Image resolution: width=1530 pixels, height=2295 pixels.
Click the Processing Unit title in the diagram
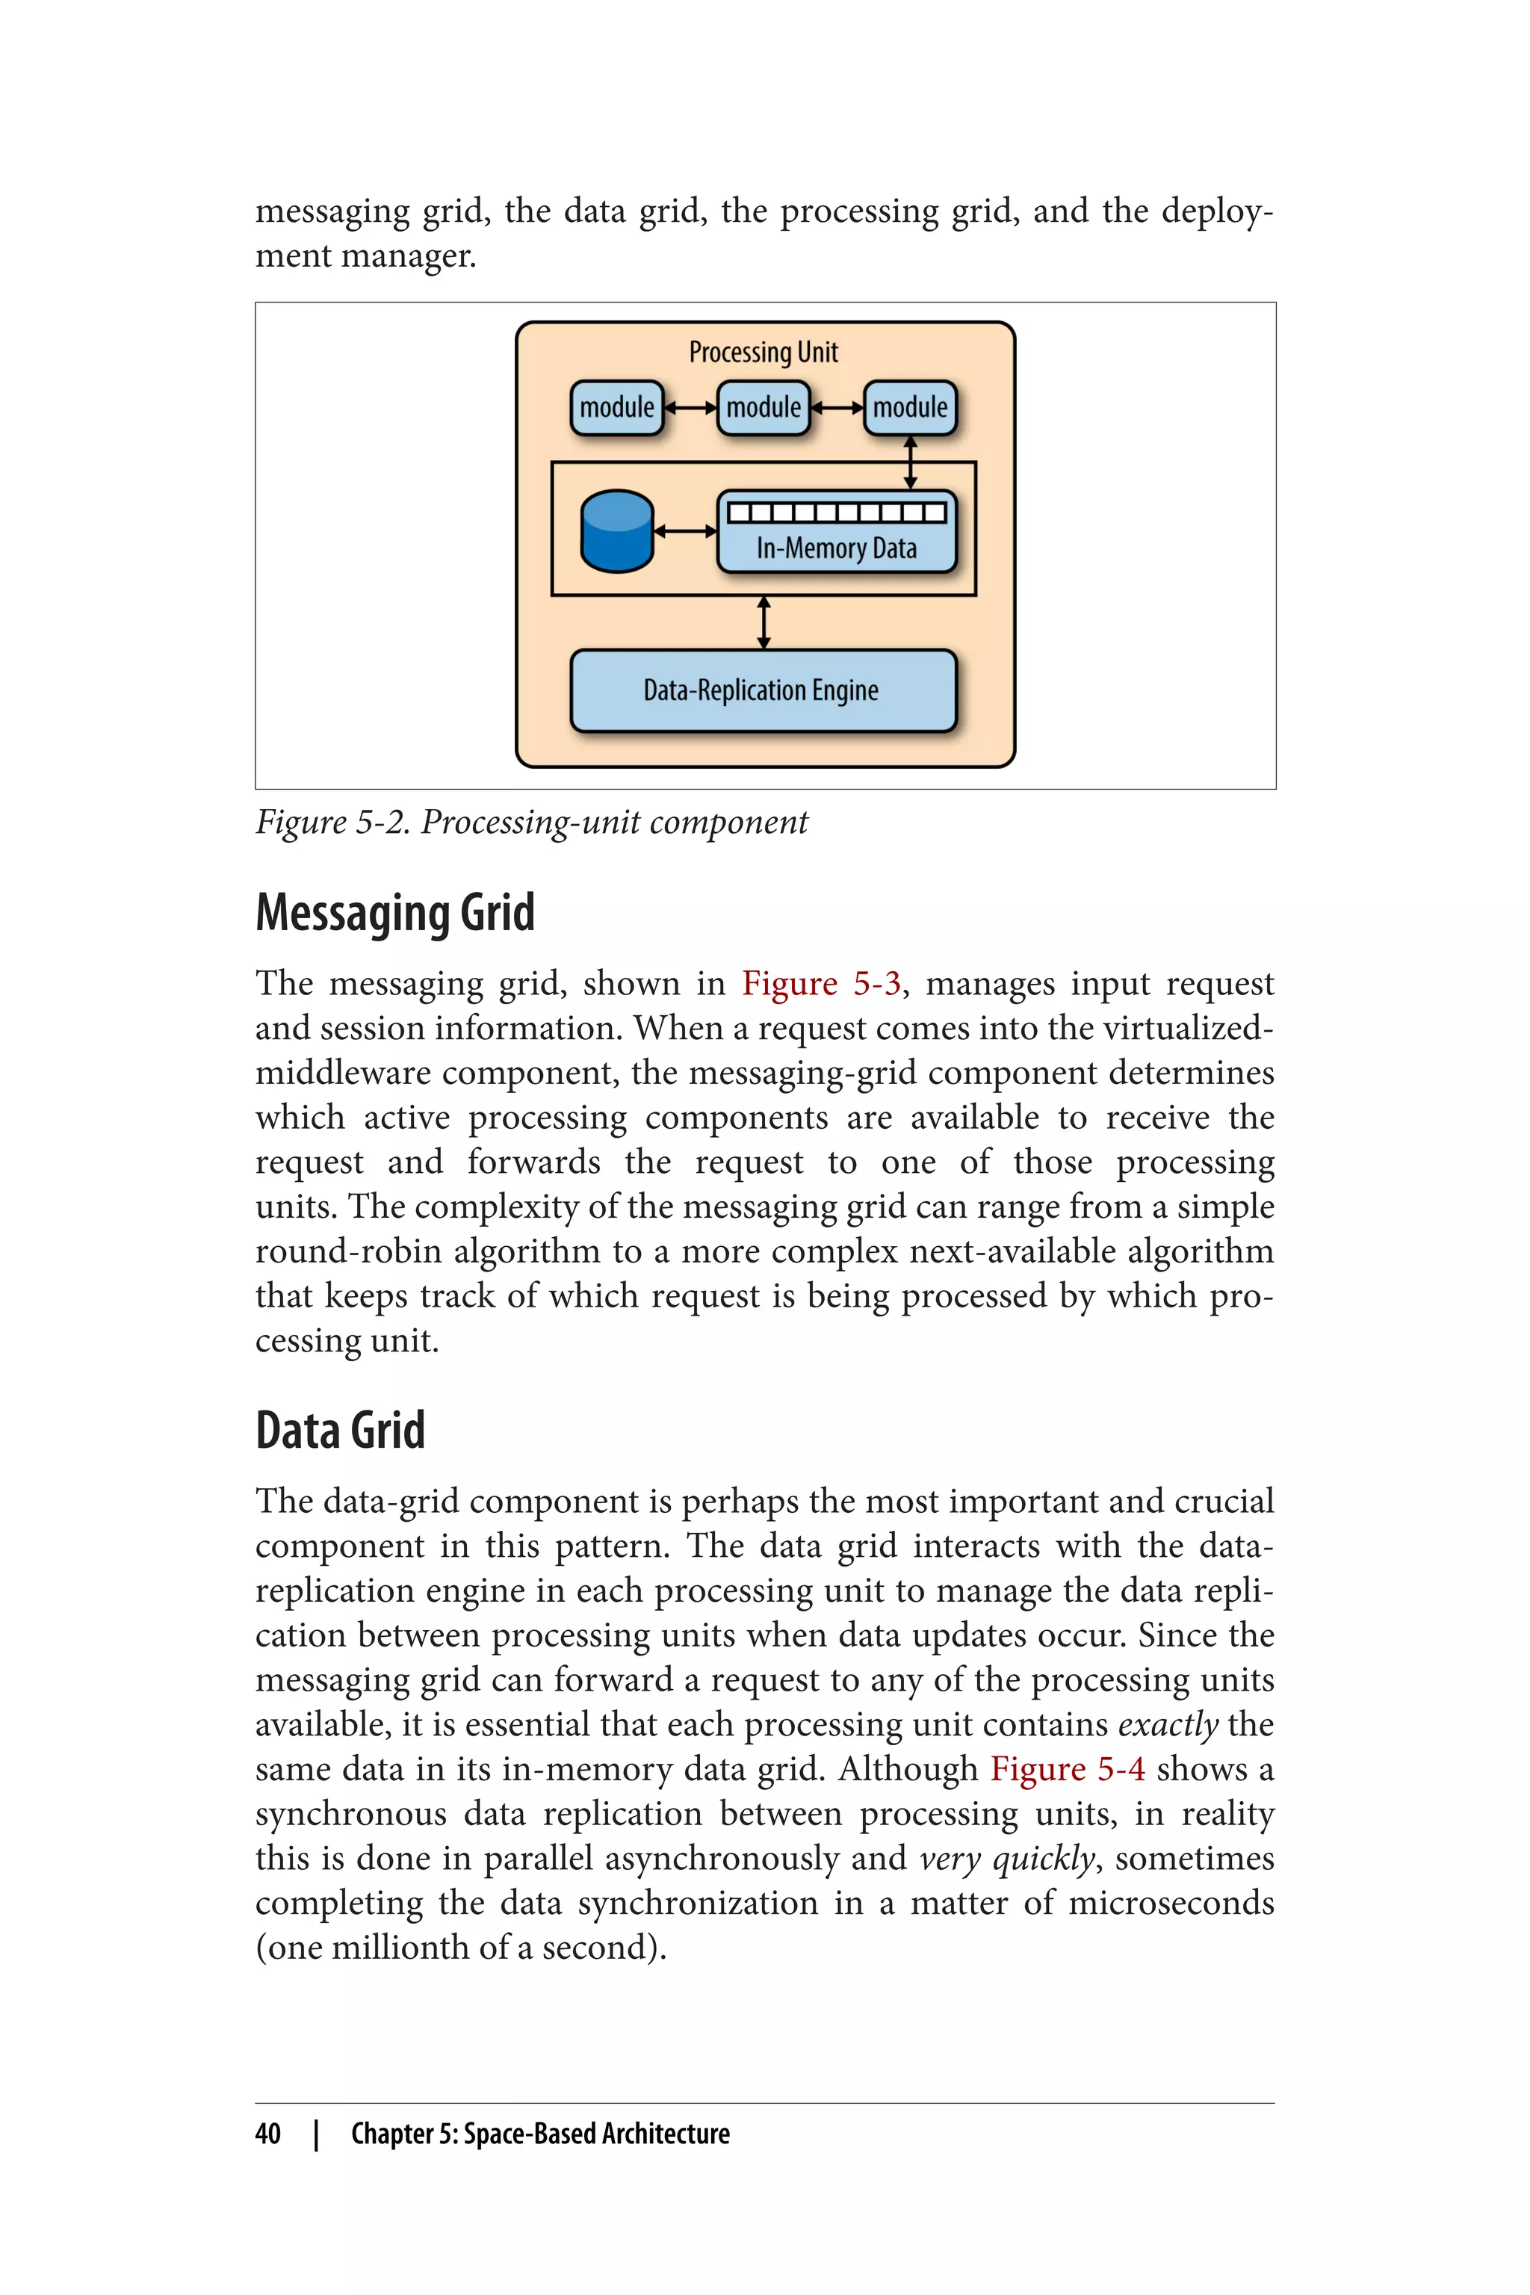coord(763,353)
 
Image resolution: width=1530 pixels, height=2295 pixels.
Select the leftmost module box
coord(616,407)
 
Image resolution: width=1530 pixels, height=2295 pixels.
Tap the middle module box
coord(763,407)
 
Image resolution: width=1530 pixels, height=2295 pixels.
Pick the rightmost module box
coord(909,407)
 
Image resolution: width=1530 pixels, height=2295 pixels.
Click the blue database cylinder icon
coord(616,531)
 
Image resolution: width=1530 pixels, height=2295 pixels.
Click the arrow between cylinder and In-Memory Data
coord(685,531)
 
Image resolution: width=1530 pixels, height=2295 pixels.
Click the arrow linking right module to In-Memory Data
coord(911,462)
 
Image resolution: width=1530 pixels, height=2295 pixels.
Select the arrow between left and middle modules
coord(690,408)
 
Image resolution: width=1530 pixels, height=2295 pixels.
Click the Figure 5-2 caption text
coord(531,823)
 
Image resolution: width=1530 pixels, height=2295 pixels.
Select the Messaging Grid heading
coord(395,914)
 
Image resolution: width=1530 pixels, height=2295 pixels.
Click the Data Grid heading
coord(340,1431)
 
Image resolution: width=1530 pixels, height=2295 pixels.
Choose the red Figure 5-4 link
coord(1068,1768)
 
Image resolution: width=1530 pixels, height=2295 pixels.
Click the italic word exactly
coord(1167,1724)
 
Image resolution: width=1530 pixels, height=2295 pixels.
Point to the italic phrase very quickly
coord(1007,1858)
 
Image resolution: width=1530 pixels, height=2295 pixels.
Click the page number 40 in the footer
coord(267,2134)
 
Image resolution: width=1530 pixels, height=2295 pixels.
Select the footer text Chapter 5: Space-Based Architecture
coord(539,2134)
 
